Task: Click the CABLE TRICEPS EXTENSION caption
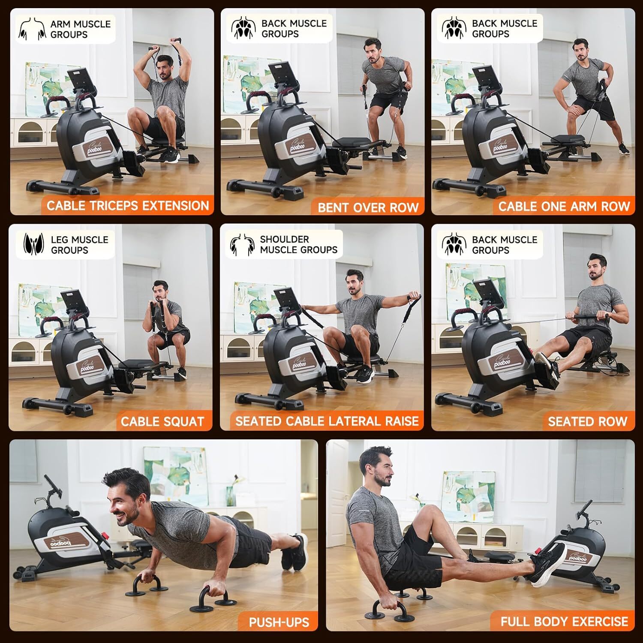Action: tap(127, 206)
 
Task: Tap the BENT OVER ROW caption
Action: tap(368, 207)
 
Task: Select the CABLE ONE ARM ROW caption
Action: tap(564, 207)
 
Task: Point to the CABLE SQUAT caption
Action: tap(162, 421)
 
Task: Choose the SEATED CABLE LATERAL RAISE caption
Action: tap(327, 421)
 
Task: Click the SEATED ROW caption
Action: tap(587, 421)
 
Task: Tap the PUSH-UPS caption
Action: tap(279, 622)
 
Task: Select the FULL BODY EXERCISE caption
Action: tap(564, 621)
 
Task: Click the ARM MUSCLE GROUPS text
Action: tap(80, 29)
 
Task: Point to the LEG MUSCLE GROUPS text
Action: tap(79, 245)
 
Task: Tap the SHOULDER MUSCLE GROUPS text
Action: tap(298, 244)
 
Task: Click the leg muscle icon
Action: tap(33, 245)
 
